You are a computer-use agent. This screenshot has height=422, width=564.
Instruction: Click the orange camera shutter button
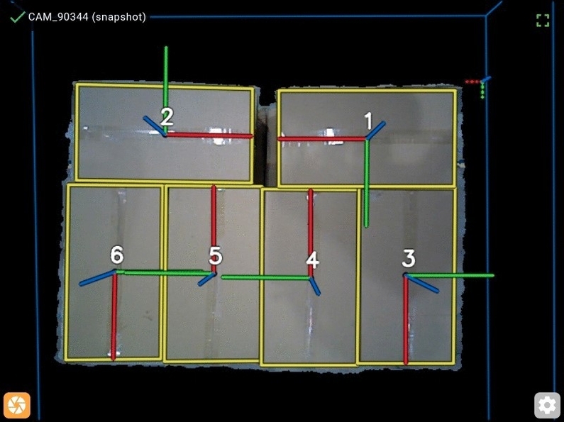(17, 405)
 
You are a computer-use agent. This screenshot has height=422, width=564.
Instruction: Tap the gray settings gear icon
(547, 405)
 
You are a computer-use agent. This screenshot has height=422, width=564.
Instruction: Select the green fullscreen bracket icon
(543, 21)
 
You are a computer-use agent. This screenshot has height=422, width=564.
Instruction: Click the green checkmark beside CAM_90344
(17, 16)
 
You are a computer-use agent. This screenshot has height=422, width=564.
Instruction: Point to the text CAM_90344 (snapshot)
(87, 17)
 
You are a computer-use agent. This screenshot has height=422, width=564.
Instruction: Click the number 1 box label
(368, 121)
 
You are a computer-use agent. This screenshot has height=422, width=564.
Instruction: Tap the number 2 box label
(167, 116)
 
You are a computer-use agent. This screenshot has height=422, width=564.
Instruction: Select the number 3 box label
(409, 258)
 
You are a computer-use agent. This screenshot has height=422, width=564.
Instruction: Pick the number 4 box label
(312, 260)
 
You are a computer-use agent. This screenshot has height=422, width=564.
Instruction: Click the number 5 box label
(216, 256)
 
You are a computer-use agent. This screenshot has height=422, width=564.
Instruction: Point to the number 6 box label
(117, 255)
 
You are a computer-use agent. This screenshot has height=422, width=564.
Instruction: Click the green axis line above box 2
(166, 90)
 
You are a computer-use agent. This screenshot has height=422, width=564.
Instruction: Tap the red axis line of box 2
(209, 135)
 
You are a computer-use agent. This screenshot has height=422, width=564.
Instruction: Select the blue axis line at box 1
(375, 130)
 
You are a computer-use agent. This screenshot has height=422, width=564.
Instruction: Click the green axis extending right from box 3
(450, 276)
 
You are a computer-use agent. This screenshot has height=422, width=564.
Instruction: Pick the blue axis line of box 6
(97, 278)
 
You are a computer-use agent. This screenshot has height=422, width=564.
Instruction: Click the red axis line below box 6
(114, 316)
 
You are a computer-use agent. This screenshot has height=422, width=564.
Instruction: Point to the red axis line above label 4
(311, 233)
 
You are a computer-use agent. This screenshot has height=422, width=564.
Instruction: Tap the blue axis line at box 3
(422, 283)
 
